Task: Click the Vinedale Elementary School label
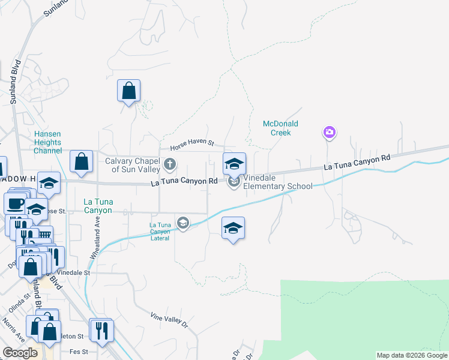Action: click(x=278, y=182)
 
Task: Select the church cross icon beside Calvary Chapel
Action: click(x=170, y=164)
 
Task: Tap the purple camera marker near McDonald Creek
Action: click(x=329, y=132)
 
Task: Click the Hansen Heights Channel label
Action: click(x=47, y=142)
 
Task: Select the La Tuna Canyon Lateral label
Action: click(x=160, y=232)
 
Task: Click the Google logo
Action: click(x=20, y=353)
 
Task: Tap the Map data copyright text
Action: click(x=412, y=355)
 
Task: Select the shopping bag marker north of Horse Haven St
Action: click(x=128, y=91)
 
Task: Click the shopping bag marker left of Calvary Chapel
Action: click(x=81, y=161)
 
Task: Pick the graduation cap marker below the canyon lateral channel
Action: click(x=233, y=228)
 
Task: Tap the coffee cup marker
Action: click(x=16, y=202)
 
